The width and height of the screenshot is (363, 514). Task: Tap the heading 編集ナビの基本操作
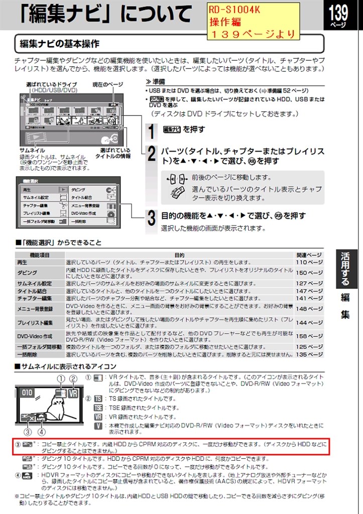[x=59, y=44]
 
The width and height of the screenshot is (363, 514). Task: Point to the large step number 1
[x=151, y=131]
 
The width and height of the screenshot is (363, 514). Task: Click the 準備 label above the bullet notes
[x=160, y=82]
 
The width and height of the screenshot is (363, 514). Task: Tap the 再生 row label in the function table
[x=23, y=262]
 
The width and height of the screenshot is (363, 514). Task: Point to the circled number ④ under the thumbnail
[x=42, y=431]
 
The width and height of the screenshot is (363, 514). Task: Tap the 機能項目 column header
[x=40, y=255]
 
